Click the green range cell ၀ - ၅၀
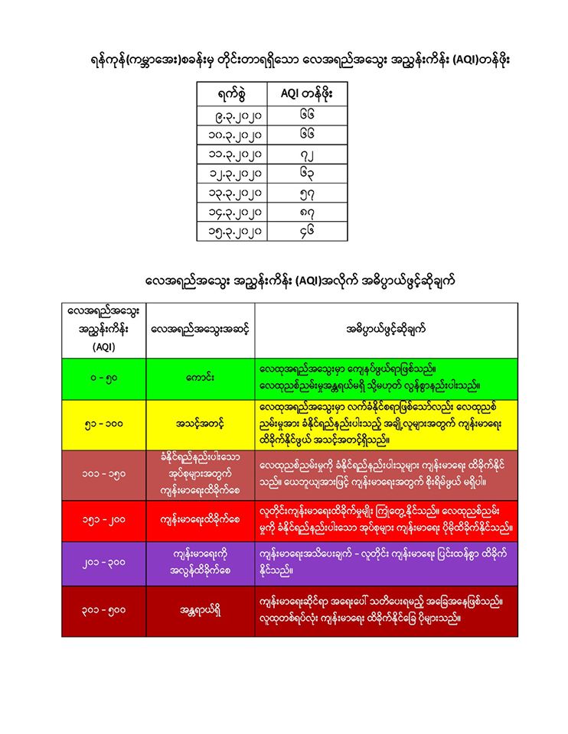(103, 378)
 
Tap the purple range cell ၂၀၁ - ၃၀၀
(103, 564)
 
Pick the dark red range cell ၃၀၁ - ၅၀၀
(103, 610)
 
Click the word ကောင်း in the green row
(200, 378)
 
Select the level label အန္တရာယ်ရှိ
(200, 610)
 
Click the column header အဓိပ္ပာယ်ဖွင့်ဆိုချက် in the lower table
(386, 330)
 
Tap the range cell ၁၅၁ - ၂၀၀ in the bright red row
(103, 519)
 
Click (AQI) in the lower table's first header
(103, 346)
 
